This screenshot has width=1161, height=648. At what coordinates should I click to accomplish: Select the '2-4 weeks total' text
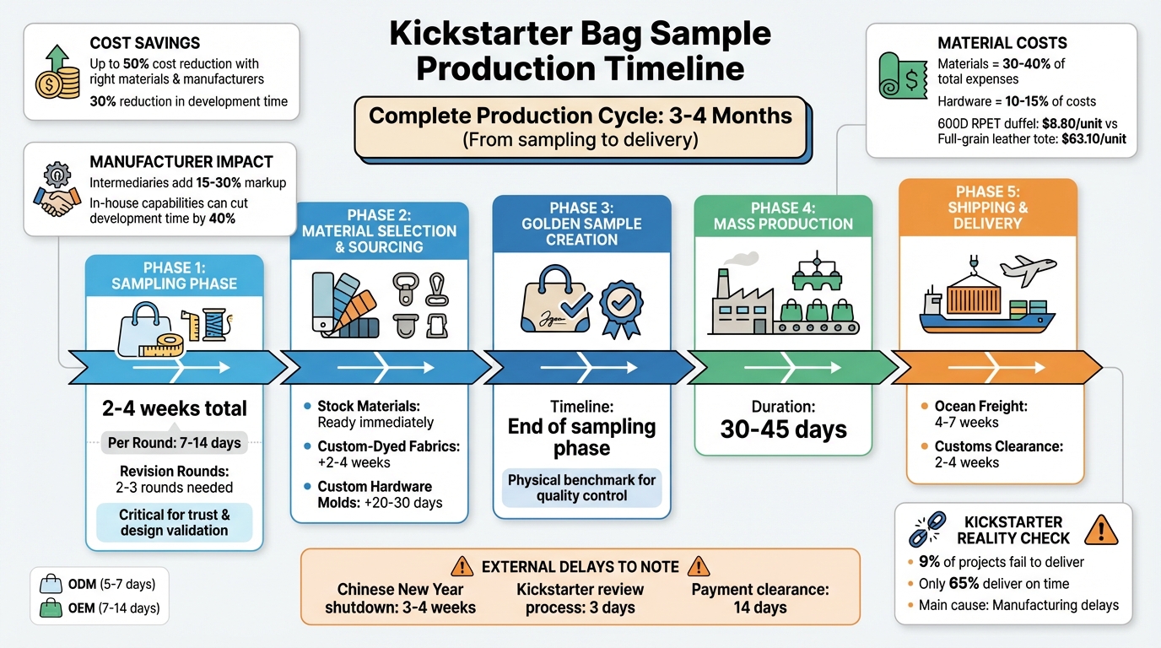click(x=175, y=409)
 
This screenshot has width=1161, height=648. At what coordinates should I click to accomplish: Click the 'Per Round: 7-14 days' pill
click(x=175, y=443)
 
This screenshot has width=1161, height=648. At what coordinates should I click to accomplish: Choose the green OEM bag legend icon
click(x=50, y=608)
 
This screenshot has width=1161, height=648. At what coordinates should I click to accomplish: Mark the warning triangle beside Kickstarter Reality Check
click(x=1100, y=530)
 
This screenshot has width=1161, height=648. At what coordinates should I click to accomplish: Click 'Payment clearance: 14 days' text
click(x=759, y=598)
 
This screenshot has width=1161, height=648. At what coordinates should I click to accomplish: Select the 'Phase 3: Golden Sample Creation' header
click(x=581, y=224)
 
